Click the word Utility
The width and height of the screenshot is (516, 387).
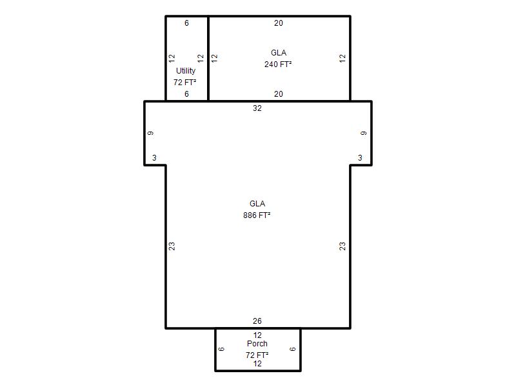(186, 71)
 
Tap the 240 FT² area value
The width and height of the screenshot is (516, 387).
(278, 64)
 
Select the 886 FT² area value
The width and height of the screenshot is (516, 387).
(257, 215)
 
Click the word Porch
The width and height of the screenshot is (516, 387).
(257, 344)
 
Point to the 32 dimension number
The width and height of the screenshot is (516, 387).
(257, 108)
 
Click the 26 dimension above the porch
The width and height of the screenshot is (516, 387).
(257, 321)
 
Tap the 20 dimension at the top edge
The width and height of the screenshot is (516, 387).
(279, 23)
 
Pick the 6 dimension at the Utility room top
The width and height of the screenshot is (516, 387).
(186, 23)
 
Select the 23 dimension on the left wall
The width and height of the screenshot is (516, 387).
(172, 246)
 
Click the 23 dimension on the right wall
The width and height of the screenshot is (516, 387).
(342, 246)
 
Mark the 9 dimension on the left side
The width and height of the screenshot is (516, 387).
(150, 134)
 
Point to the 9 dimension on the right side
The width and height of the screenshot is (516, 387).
(364, 134)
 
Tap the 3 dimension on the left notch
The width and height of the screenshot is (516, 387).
(154, 158)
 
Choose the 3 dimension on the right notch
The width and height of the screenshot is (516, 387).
(360, 158)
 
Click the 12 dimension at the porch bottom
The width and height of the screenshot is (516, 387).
(257, 364)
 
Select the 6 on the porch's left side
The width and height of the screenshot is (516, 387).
(221, 349)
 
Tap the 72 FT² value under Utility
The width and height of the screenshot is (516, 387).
(185, 83)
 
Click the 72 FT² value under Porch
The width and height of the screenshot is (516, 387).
(257, 355)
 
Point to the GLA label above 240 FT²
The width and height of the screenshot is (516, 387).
(279, 53)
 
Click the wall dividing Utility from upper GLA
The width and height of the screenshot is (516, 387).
(208, 58)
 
